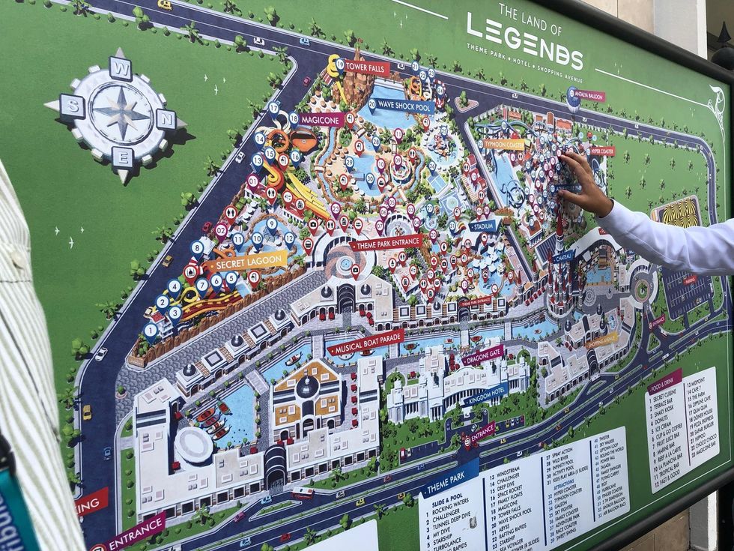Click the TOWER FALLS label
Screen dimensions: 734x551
(367, 67)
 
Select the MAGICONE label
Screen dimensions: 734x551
(321, 119)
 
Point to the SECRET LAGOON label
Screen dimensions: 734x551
(248, 262)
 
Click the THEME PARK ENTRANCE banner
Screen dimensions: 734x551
(386, 243)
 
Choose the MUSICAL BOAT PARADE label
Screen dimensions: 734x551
(366, 342)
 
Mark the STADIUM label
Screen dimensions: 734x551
(483, 224)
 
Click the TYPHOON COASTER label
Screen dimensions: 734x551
(503, 143)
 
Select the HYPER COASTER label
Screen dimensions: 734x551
(601, 151)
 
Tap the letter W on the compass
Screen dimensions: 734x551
(120, 68)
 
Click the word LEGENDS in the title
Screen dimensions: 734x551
(524, 46)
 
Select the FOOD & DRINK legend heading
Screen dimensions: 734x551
(665, 379)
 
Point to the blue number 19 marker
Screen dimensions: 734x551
(340, 64)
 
